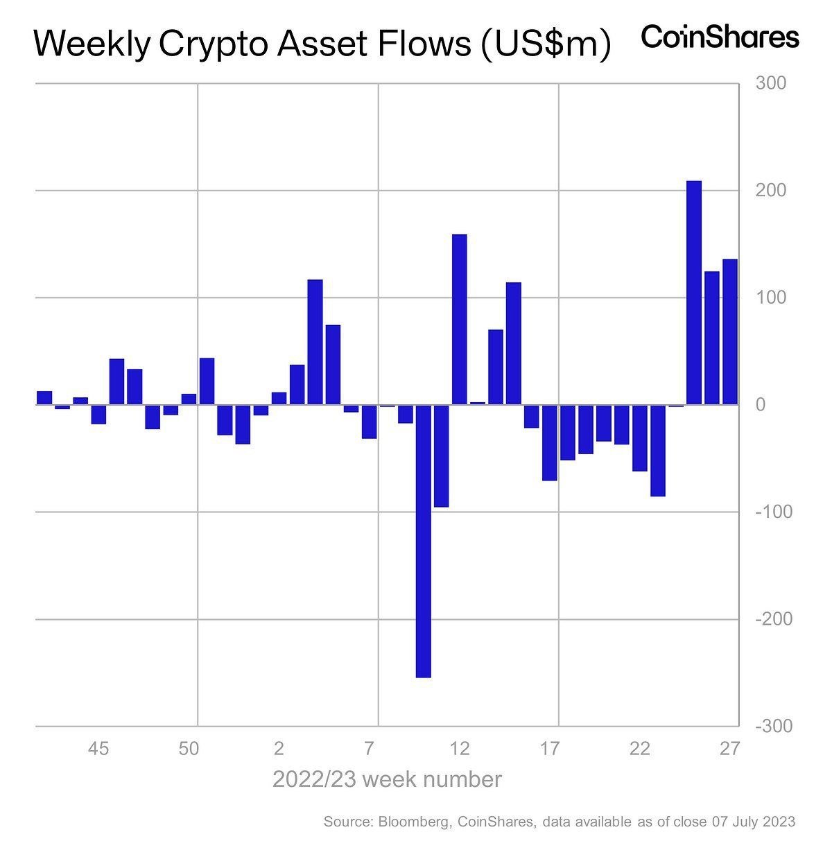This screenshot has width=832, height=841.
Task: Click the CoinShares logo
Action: click(720, 37)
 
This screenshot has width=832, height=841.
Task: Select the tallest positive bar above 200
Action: click(693, 292)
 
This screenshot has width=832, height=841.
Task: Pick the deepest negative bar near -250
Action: click(423, 541)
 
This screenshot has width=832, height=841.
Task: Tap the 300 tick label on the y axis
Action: click(771, 83)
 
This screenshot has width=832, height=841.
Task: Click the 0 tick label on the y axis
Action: click(761, 405)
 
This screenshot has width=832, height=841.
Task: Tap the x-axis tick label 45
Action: click(98, 749)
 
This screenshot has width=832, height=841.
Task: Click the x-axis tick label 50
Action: click(189, 749)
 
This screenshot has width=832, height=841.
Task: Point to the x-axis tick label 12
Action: click(460, 749)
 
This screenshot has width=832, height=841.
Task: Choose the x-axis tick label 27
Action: click(730, 749)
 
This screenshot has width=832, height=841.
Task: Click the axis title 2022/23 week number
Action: click(387, 779)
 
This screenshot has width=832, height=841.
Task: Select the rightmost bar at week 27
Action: click(730, 331)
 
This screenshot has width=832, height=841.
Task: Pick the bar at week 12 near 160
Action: click(459, 319)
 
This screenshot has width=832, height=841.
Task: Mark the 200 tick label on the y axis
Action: click(771, 191)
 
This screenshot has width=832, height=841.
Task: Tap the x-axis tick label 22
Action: click(640, 749)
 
